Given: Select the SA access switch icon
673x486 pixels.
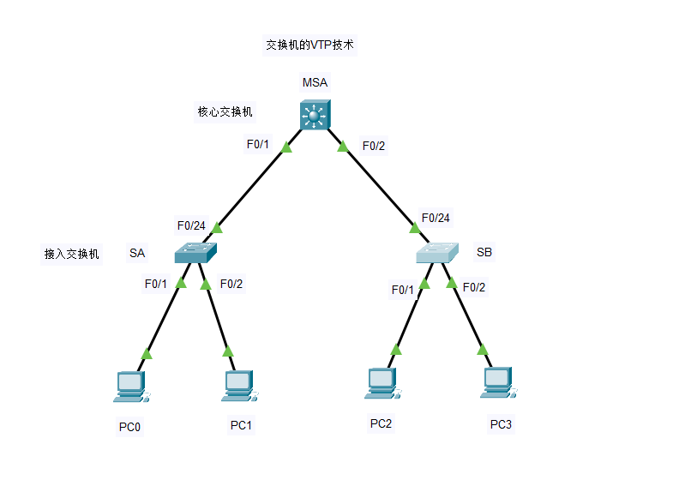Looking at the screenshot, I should click(x=197, y=253).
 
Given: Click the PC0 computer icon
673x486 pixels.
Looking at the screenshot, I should click(x=130, y=387).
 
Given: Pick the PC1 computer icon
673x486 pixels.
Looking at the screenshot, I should click(x=237, y=387).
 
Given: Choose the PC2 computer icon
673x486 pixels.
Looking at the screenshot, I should click(x=380, y=384).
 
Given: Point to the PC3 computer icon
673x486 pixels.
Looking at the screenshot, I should click(x=498, y=384).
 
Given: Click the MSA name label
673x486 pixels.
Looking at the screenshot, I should click(x=315, y=83).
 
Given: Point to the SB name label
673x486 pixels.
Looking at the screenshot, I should click(x=484, y=252).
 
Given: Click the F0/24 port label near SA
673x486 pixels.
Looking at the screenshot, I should click(x=191, y=226).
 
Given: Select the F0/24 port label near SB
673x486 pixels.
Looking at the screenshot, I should click(x=436, y=218).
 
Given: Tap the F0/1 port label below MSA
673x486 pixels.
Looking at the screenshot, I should click(x=258, y=144).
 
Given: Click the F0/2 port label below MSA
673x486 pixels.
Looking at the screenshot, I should click(x=374, y=146).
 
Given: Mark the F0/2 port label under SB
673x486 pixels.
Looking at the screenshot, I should click(x=474, y=287).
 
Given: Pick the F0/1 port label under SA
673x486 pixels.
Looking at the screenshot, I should click(x=155, y=284).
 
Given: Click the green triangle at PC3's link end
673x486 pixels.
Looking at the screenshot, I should click(x=483, y=349).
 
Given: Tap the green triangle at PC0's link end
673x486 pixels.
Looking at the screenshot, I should click(x=147, y=353).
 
